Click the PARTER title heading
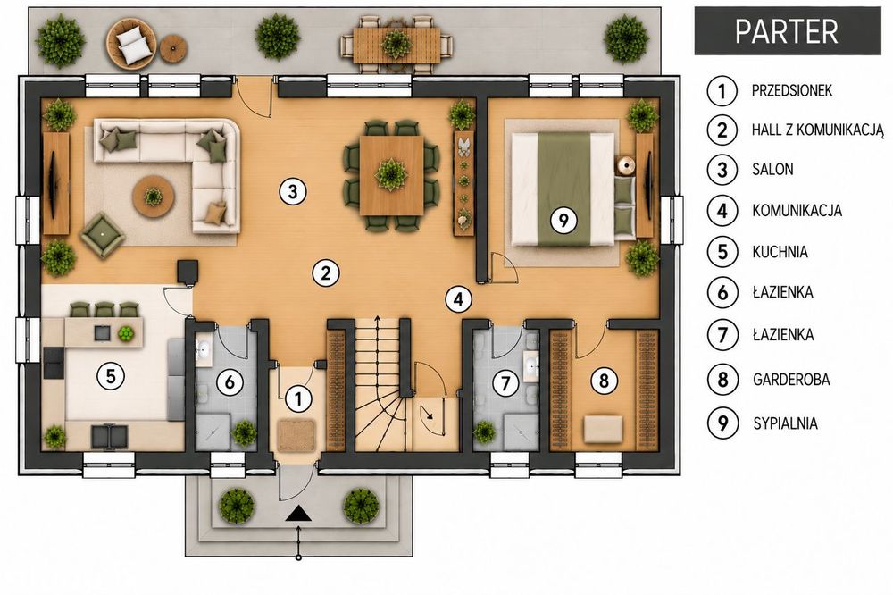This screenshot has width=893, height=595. coord(787,31)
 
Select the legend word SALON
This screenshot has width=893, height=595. coord(772,169)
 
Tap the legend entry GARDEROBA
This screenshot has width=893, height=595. coord(791,379)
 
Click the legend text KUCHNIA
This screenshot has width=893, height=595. coord(780,251)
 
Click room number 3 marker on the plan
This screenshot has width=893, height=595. coord(293,191)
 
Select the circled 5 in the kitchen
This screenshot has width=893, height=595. coord(111,375)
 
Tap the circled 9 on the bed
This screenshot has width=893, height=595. coord(563,219)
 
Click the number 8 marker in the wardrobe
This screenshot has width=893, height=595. coord(605,380)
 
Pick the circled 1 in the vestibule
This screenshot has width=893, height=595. coord(297,398)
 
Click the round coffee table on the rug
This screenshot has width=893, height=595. coord(153,196)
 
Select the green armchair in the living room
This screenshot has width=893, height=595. coord(103,234)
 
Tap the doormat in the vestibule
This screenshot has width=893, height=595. coord(296,435)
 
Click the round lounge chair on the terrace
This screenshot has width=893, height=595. coord(131,43)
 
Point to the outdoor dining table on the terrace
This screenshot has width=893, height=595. coord(396,45)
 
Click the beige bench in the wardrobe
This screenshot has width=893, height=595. coord(603,429)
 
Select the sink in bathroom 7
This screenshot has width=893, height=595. coord(531,365)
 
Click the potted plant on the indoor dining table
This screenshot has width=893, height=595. coord(391,174)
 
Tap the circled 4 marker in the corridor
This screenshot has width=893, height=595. coord(459,298)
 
